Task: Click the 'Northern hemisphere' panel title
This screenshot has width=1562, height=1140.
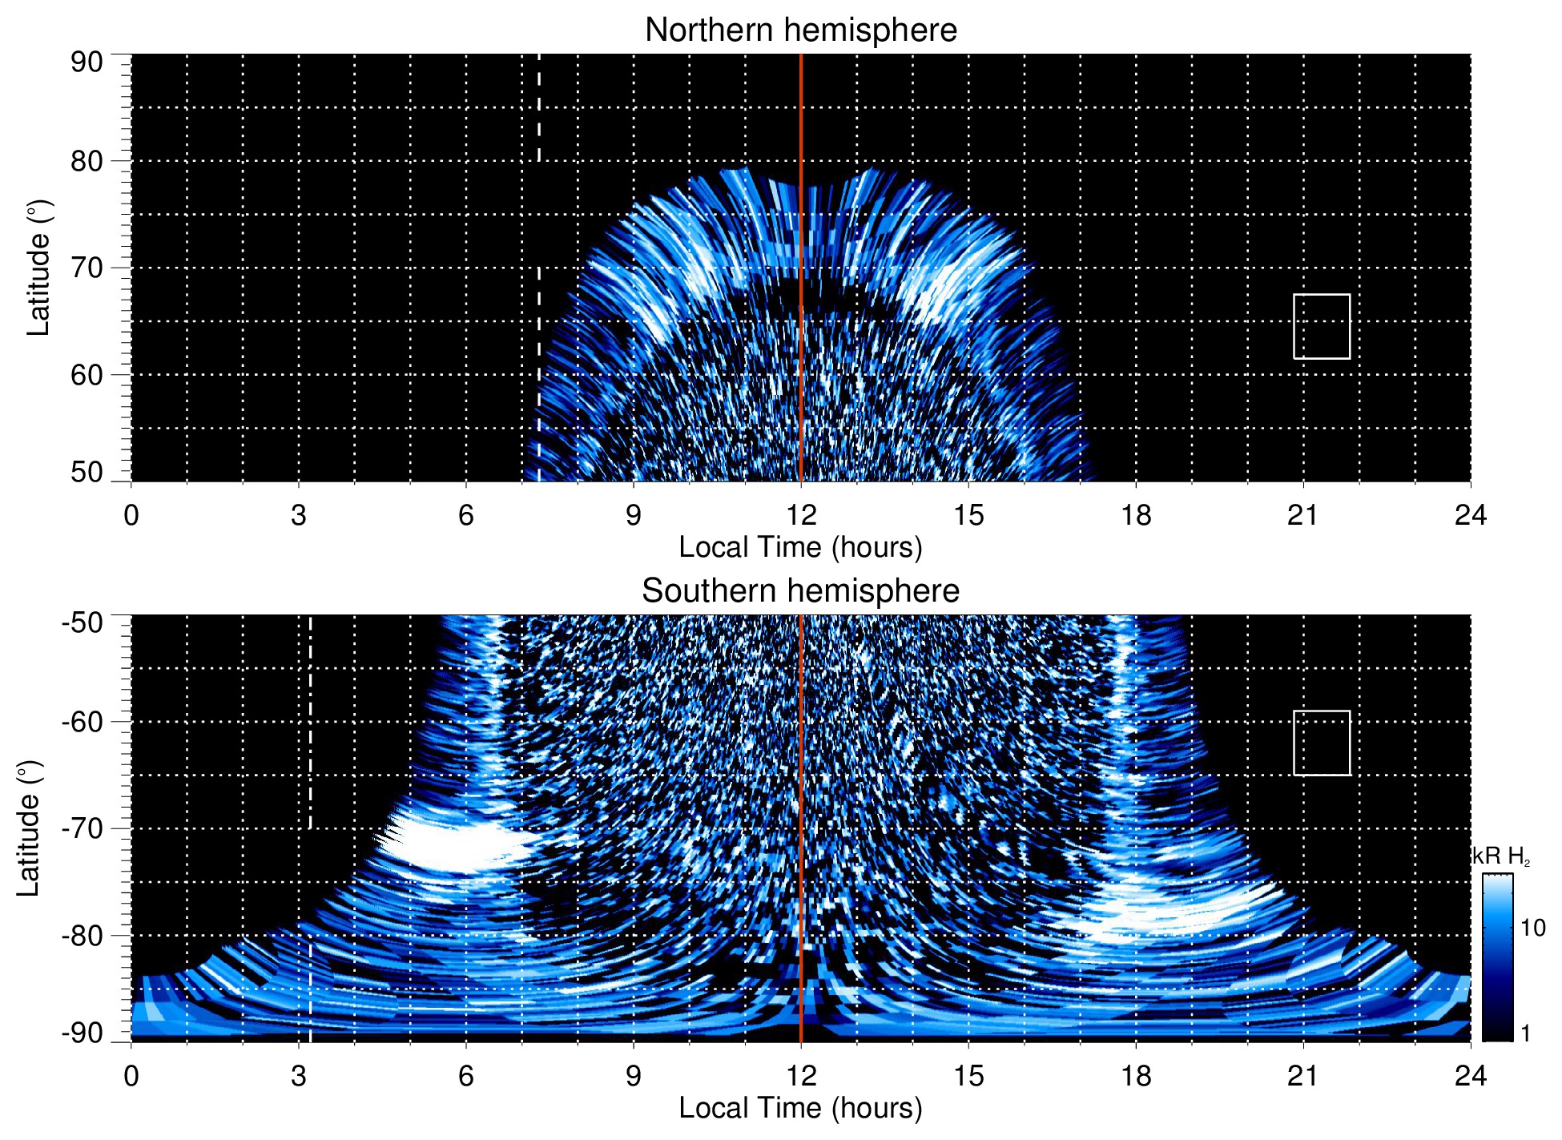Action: [x=800, y=30]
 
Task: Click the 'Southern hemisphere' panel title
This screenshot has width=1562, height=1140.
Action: [x=800, y=591]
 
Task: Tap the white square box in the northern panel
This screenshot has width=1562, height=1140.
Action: [x=1322, y=326]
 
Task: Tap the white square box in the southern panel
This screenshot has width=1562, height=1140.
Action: [x=1322, y=743]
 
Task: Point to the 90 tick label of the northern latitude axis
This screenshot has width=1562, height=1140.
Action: [x=87, y=62]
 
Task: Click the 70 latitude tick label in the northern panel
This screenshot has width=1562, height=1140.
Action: [x=87, y=268]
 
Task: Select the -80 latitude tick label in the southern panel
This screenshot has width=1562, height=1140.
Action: [x=83, y=936]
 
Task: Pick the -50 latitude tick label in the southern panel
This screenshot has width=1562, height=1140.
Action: [x=83, y=622]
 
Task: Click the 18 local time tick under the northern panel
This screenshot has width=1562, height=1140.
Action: [x=1136, y=515]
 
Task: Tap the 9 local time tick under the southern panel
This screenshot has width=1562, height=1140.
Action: [x=634, y=1076]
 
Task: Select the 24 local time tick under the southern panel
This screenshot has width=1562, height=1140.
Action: [x=1470, y=1076]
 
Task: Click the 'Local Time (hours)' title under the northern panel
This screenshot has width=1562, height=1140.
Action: [x=800, y=548]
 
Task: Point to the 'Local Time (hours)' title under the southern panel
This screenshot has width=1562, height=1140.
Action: [x=800, y=1109]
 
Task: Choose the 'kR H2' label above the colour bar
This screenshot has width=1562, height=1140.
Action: [x=1501, y=856]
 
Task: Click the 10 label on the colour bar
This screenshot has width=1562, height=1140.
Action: [x=1532, y=929]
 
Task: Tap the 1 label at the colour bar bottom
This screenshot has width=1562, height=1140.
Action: [x=1525, y=1033]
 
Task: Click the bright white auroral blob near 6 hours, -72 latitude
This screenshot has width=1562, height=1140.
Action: [x=453, y=845]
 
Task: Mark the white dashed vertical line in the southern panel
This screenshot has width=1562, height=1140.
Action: [x=310, y=721]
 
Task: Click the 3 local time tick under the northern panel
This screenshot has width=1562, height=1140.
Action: [x=299, y=515]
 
